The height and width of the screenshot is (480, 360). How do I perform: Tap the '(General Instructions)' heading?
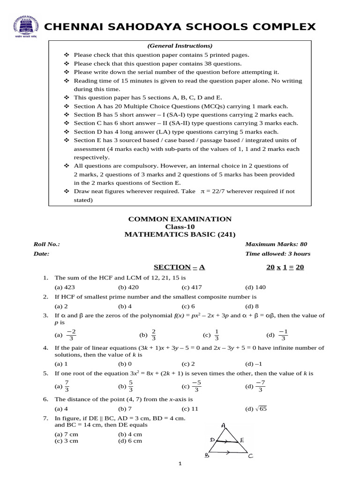180,45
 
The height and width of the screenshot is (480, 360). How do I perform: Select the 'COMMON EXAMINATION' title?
180,219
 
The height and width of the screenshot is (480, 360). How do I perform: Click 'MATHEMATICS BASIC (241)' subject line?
180,234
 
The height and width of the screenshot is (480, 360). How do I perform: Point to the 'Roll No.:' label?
47,244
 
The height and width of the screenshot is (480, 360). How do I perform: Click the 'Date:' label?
41,254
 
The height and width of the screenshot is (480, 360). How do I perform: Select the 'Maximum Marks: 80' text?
276,244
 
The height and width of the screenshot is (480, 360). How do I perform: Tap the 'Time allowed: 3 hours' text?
277,254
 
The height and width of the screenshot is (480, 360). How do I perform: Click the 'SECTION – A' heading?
180,267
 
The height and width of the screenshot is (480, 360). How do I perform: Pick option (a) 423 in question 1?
65,287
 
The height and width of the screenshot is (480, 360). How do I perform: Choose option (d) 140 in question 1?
255,287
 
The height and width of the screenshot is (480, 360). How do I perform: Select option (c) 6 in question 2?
188,306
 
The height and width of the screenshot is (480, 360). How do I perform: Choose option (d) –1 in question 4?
254,363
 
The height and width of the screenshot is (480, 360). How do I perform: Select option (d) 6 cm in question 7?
130,441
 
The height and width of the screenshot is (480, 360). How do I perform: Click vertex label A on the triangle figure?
224,425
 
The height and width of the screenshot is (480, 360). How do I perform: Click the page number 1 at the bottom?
180,464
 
